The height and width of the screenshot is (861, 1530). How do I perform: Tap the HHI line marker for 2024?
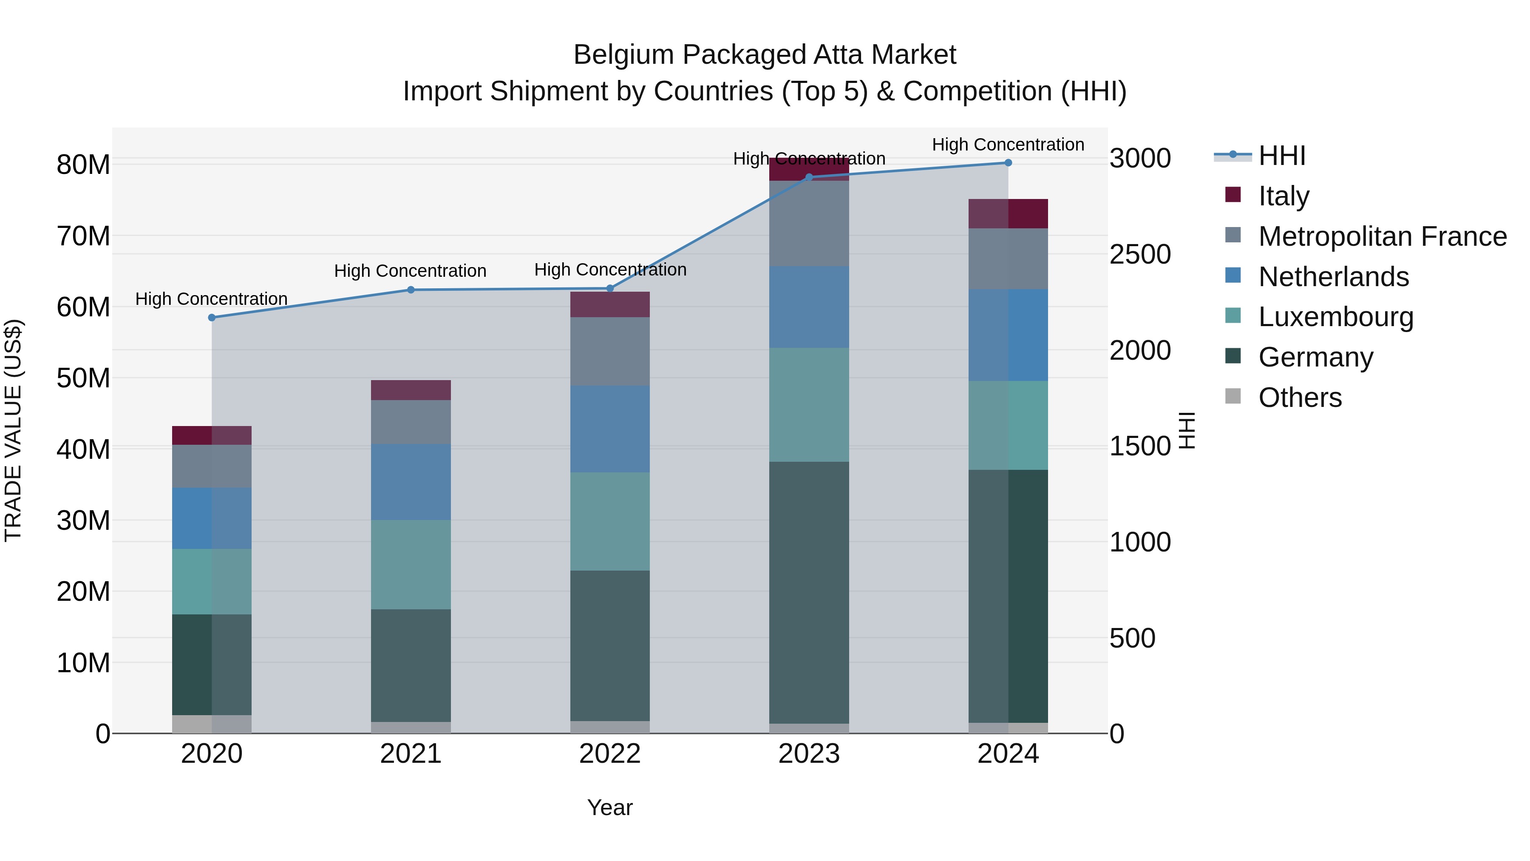coord(1008,162)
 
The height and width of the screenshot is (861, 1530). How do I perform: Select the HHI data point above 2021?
coord(411,290)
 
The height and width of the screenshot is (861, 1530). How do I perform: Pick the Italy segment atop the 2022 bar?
coord(609,304)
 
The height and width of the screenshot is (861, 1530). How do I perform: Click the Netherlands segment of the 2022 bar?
coord(609,429)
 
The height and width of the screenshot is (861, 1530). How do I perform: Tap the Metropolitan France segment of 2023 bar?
coord(809,223)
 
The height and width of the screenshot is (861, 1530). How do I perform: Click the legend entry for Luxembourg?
coord(1335,317)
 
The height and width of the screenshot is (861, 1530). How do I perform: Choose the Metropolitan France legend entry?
coord(1382,236)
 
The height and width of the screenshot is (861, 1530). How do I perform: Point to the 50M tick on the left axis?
coord(83,378)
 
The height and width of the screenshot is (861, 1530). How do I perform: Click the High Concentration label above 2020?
coord(212,298)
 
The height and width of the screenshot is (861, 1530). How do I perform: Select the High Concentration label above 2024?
coord(1008,145)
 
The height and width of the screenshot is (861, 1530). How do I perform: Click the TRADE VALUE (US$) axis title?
coord(13,430)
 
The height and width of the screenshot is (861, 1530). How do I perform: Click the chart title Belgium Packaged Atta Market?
coord(765,55)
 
